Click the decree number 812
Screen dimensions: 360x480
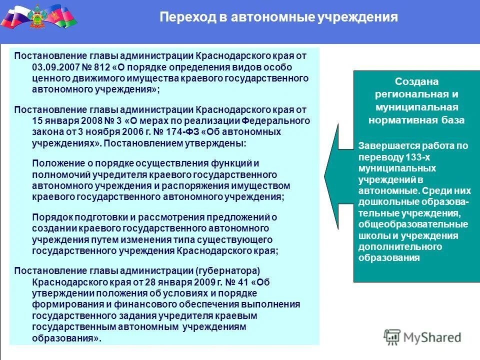pyautogui.click(x=108, y=67)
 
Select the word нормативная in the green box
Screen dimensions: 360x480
pyautogui.click(x=398, y=120)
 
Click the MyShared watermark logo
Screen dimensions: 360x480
pyautogui.click(x=422, y=337)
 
